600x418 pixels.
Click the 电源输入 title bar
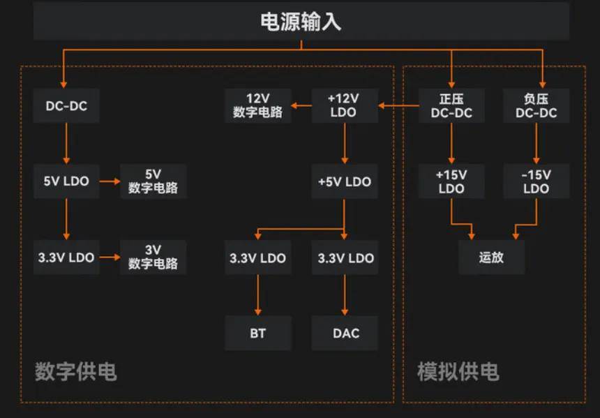tap(301, 22)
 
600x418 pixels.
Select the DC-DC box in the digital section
tap(66, 106)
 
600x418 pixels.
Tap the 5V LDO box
tap(66, 181)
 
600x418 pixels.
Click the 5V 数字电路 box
tap(153, 181)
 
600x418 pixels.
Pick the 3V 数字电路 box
tap(153, 257)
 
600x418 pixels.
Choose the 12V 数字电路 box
tap(257, 105)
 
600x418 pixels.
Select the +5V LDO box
tap(344, 181)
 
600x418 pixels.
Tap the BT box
tap(257, 333)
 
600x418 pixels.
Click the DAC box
tap(345, 333)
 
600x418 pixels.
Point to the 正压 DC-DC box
tap(451, 105)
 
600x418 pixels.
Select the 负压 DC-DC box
tap(536, 105)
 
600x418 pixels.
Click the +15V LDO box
tap(451, 181)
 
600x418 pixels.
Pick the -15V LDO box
tap(536, 181)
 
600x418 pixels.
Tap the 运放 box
tap(491, 257)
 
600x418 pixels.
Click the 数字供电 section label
tap(75, 371)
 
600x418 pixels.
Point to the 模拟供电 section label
tap(458, 371)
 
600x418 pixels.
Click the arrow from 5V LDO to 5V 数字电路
tap(109, 181)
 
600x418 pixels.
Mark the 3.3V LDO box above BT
tap(257, 257)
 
